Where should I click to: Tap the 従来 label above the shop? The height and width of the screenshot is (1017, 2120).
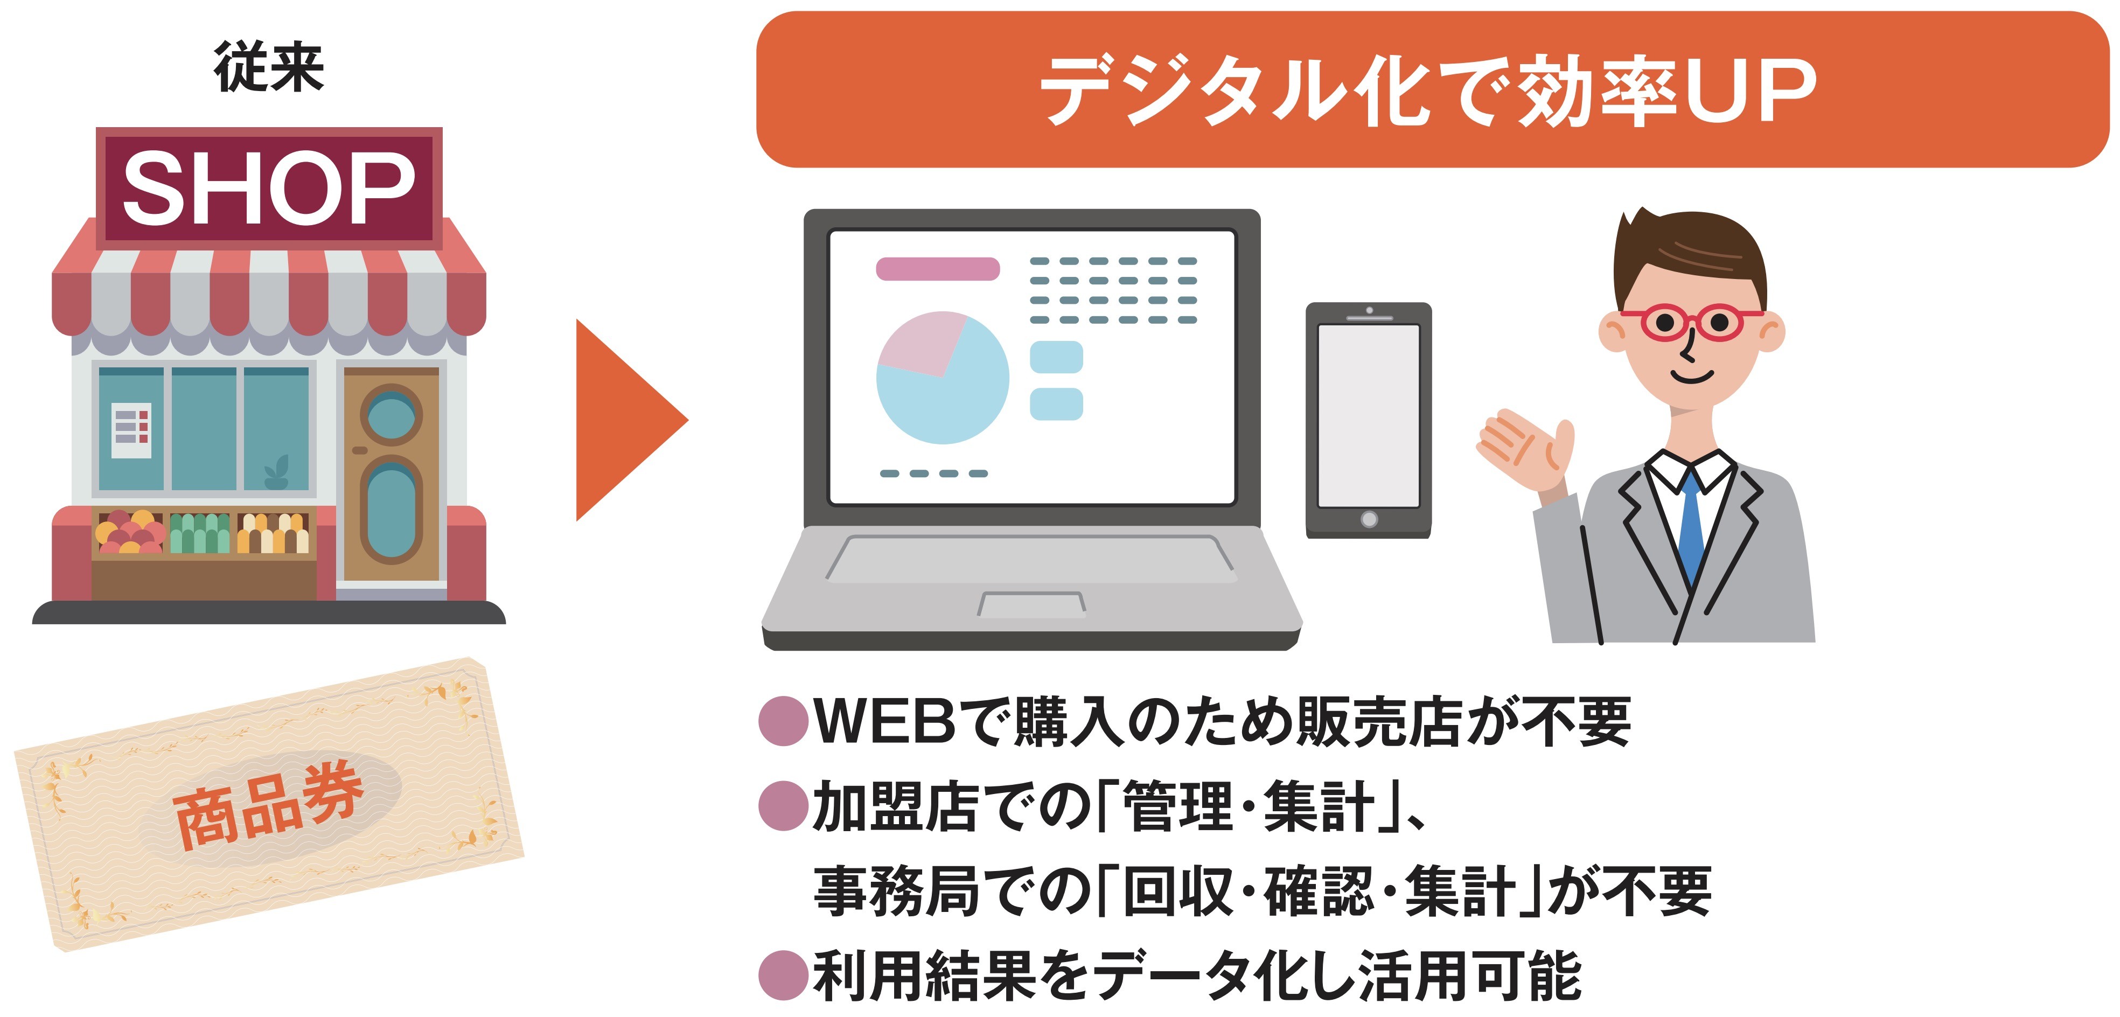[x=269, y=67]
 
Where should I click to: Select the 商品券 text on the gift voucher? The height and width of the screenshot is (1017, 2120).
[x=268, y=805]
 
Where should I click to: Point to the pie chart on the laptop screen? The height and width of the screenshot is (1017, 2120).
[x=943, y=377]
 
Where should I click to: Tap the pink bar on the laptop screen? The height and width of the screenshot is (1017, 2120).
[x=937, y=269]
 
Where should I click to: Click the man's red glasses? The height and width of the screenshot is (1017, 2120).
[x=1692, y=322]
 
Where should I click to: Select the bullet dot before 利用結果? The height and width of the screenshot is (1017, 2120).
[x=783, y=975]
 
